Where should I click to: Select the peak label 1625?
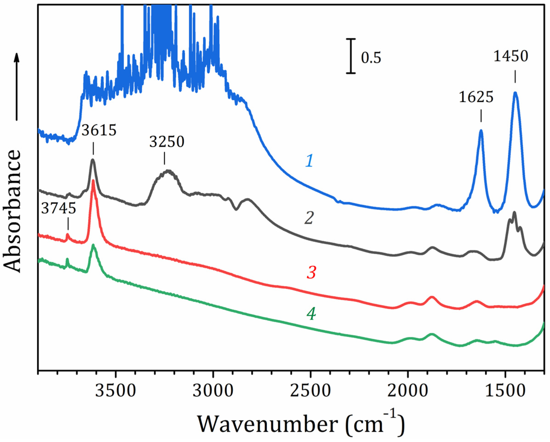click(x=476, y=97)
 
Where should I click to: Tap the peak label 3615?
click(x=99, y=131)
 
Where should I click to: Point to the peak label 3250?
click(x=166, y=142)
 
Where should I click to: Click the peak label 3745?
click(x=59, y=209)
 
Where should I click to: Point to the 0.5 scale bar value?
click(x=371, y=57)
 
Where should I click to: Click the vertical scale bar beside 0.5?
click(x=351, y=56)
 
